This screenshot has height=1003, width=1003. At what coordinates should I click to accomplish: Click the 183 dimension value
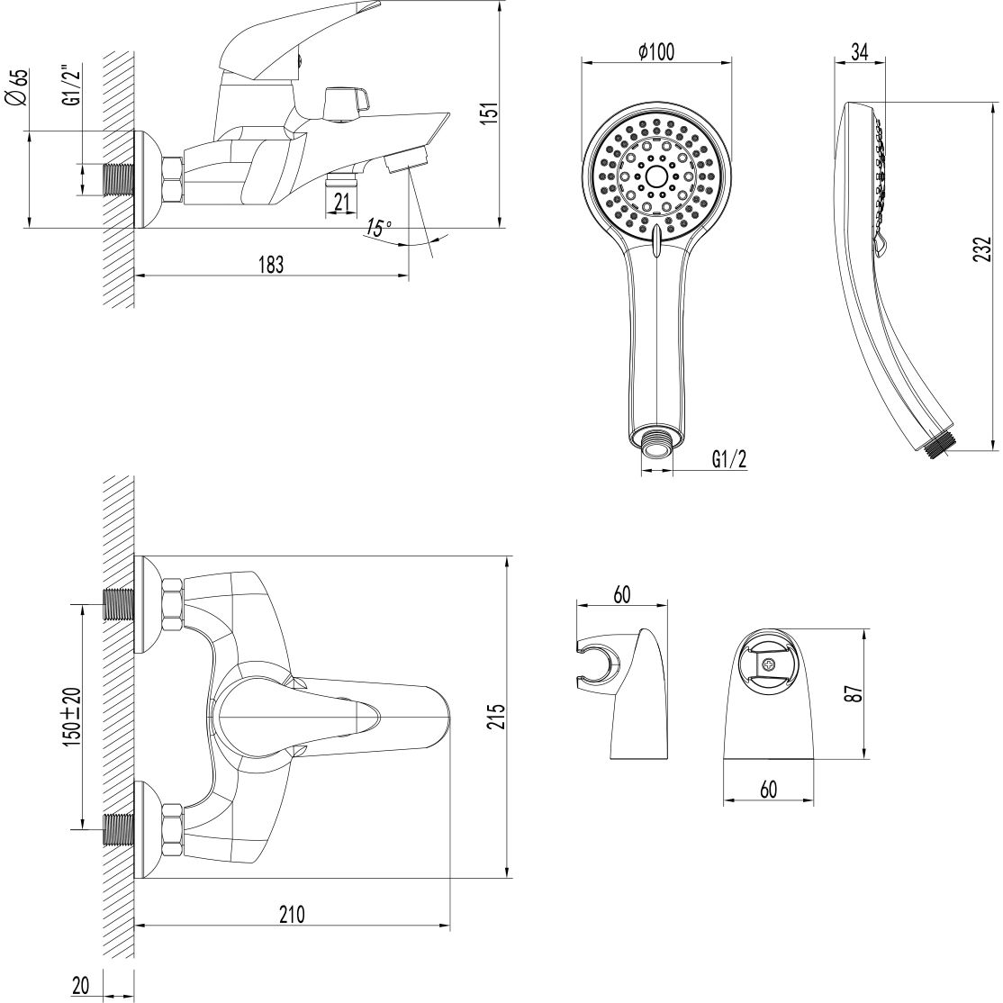(x=270, y=265)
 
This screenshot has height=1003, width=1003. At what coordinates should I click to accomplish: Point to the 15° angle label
(x=379, y=229)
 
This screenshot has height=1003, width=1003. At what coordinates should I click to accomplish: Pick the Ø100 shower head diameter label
(x=655, y=52)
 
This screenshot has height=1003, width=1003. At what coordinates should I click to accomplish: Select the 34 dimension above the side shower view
(x=859, y=52)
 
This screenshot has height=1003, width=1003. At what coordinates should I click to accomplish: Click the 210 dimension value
(x=291, y=915)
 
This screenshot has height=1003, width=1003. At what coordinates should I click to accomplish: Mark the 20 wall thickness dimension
(x=80, y=986)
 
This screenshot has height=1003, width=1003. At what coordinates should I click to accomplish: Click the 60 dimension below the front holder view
(x=768, y=789)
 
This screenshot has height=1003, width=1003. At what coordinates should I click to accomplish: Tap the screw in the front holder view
(x=768, y=665)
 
